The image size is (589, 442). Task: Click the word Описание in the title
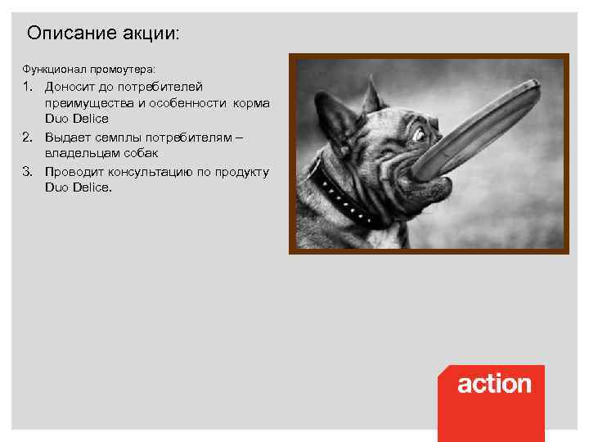coord(65,34)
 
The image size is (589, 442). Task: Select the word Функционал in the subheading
coord(47,68)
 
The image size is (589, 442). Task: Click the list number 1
coord(27,86)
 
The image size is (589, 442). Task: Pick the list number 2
coord(27,137)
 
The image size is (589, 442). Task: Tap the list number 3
coord(27,171)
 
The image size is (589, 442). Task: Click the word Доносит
coord(74,86)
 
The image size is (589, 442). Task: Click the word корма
coord(251,103)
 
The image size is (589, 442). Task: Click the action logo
coord(493,384)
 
